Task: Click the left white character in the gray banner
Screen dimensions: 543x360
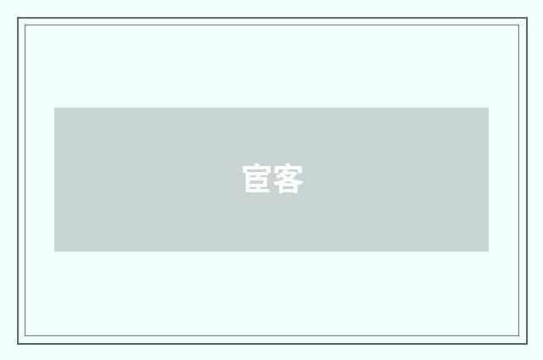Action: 256,179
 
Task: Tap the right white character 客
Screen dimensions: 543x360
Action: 288,179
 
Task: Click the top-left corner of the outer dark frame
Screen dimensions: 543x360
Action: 18,18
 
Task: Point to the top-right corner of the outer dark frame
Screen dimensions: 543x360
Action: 527,18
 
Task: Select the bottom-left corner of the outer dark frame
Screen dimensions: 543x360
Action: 18,344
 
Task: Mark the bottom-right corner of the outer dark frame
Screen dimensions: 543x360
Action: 527,344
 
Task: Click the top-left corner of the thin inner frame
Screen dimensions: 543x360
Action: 25,25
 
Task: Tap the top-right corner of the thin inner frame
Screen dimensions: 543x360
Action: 519,25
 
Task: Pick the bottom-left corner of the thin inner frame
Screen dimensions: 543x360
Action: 25,335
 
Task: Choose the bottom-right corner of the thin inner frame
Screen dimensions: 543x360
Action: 519,335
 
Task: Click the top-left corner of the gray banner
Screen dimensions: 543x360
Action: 54,108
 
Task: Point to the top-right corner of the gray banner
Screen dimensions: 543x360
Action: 489,108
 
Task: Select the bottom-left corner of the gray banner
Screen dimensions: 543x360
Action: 54,252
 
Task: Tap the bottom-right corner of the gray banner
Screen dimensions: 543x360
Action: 489,252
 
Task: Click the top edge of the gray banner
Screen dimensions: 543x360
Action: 271,108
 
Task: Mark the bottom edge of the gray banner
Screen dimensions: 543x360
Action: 271,252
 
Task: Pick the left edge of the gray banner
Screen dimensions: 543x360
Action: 54,180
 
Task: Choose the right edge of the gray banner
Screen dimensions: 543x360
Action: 489,180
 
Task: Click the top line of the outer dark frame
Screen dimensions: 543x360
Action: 272,18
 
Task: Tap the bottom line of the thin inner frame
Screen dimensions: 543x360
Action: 272,335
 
